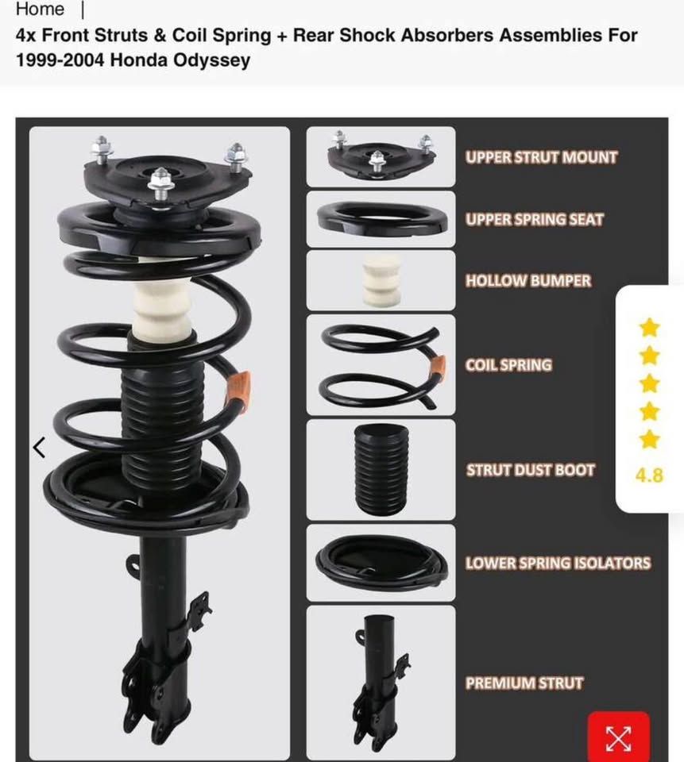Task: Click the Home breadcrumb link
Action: [40, 10]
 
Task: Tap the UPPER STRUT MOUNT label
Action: [541, 157]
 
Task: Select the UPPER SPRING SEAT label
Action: [534, 220]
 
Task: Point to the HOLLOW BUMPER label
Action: [527, 281]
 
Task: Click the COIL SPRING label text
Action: [508, 365]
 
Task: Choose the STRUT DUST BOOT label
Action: [530, 470]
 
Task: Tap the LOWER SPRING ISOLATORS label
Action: [558, 563]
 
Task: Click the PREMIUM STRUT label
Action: [524, 683]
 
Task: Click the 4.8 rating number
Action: [650, 475]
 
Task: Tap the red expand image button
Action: [619, 737]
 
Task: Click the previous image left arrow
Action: [40, 448]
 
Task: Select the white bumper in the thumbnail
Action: [382, 281]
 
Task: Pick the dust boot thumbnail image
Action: [381, 469]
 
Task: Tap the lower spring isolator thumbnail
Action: [381, 562]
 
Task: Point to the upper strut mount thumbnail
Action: [381, 156]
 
